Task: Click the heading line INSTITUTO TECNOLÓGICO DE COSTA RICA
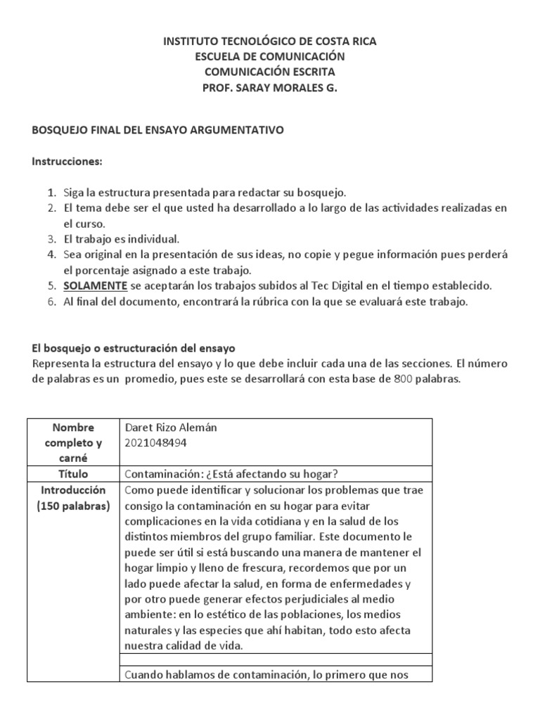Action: [270, 41]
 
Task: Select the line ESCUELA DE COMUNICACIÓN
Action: [270, 56]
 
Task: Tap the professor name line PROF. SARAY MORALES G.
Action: [270, 87]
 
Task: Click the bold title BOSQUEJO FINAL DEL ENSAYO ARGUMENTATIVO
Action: [158, 131]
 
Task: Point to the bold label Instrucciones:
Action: [67, 162]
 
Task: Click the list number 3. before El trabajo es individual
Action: [51, 239]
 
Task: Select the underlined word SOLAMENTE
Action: [96, 286]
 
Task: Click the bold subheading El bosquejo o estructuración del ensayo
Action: [134, 348]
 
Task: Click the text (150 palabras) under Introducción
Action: [74, 506]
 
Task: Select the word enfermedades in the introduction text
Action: [372, 584]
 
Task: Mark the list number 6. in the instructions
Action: [51, 302]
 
